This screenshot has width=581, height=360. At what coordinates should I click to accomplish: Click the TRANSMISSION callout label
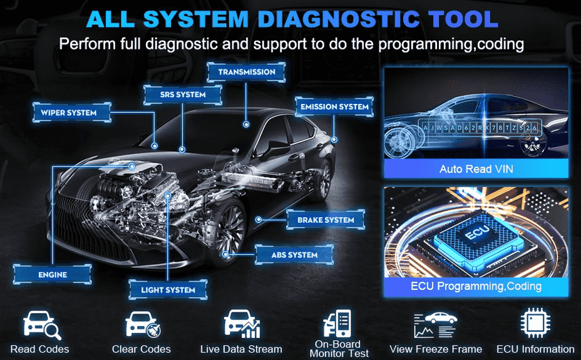click(247, 72)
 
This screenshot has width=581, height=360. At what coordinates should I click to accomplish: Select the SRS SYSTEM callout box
click(182, 95)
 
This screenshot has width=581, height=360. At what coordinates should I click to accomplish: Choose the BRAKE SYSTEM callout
click(325, 220)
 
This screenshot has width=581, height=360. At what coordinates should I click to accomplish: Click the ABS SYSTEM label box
click(294, 255)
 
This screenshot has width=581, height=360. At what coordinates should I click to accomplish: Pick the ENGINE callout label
click(52, 274)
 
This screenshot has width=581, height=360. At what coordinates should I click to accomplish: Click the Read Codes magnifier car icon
click(39, 324)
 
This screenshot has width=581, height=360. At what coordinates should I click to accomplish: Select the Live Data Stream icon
click(241, 324)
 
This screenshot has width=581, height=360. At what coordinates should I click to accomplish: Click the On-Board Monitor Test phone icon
click(336, 324)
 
